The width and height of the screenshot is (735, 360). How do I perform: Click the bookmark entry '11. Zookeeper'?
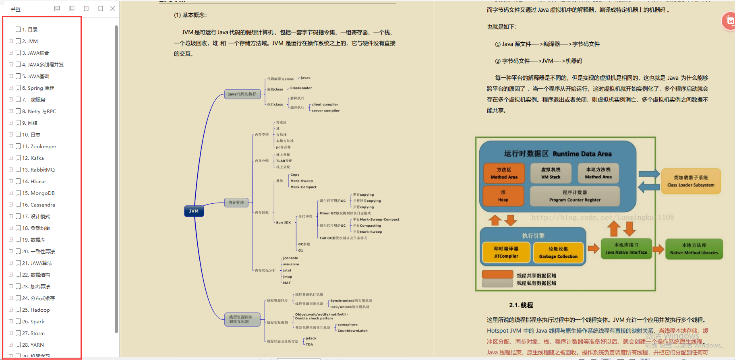pyautogui.click(x=39, y=147)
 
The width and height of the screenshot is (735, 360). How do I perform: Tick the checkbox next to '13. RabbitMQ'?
pyautogui.click(x=18, y=170)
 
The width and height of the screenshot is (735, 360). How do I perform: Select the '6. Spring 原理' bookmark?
pyautogui.click(x=38, y=88)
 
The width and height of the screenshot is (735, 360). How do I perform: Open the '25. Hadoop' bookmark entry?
pyautogui.click(x=36, y=310)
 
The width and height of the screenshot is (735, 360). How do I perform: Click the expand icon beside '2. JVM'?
pyautogui.click(x=11, y=41)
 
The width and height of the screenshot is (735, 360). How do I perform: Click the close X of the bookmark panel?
pyautogui.click(x=113, y=8)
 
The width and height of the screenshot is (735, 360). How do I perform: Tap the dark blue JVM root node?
pyautogui.click(x=194, y=211)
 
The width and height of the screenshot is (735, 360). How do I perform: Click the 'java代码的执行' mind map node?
pyautogui.click(x=242, y=94)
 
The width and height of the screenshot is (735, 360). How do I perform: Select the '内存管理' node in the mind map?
pyautogui.click(x=236, y=203)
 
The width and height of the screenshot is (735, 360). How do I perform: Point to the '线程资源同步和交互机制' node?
pyautogui.click(x=242, y=319)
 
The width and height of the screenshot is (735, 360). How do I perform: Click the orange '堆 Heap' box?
pyautogui.click(x=503, y=196)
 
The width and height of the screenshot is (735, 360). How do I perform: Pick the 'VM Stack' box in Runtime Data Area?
pyautogui.click(x=551, y=173)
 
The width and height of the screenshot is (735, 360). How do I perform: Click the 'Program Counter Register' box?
pyautogui.click(x=575, y=196)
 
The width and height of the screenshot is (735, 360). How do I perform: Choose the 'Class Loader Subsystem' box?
pyautogui.click(x=691, y=181)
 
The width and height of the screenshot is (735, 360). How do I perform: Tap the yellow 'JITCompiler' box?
pyautogui.click(x=506, y=252)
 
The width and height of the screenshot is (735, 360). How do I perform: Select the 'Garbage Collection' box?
pyautogui.click(x=558, y=252)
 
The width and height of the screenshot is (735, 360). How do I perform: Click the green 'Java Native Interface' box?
pyautogui.click(x=626, y=248)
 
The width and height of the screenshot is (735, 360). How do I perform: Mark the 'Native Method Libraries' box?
pyautogui.click(x=694, y=249)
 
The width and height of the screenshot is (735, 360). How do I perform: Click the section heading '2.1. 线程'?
pyautogui.click(x=521, y=305)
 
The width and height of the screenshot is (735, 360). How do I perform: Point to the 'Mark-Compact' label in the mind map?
pyautogui.click(x=303, y=187)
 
